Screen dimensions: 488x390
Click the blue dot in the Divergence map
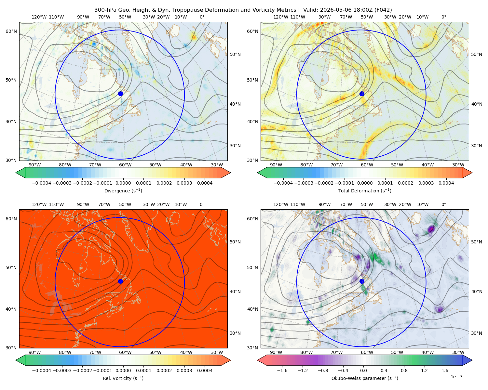click(x=120, y=94)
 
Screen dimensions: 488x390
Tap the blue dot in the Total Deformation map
click(x=362, y=94)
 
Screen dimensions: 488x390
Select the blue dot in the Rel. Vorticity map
click(x=120, y=281)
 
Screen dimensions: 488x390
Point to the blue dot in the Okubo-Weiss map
click(x=362, y=281)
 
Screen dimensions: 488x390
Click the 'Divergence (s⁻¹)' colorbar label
click(x=123, y=190)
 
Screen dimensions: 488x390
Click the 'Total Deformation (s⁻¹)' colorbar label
click(x=365, y=190)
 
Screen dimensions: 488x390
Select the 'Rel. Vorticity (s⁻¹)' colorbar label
click(x=123, y=378)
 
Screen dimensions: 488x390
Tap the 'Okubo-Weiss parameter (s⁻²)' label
click(x=365, y=378)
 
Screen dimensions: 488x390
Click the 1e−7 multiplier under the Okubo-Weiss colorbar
click(x=456, y=377)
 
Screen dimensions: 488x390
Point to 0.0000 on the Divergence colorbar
click(x=123, y=183)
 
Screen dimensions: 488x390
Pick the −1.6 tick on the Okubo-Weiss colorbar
click(x=282, y=370)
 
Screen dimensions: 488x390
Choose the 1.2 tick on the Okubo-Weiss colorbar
click(x=424, y=370)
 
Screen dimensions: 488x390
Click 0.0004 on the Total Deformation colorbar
click(x=446, y=183)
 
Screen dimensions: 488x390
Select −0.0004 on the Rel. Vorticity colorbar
click(x=42, y=370)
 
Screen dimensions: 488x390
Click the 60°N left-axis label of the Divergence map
click(x=11, y=31)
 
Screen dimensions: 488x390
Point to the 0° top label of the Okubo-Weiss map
click(x=443, y=204)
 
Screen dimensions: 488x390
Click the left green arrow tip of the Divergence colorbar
click(x=16, y=173)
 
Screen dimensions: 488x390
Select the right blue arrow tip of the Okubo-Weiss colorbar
click(x=472, y=360)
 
